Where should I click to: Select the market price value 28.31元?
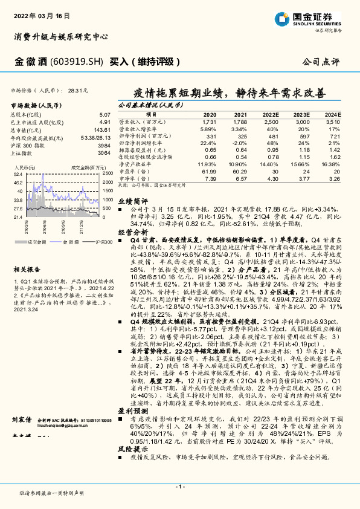pos(78,90)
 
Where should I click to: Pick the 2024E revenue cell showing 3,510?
pos(332,122)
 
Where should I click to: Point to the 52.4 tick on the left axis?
pos(18,173)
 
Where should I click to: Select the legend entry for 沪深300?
pos(92,241)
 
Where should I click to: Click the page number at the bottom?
pos(179,487)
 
